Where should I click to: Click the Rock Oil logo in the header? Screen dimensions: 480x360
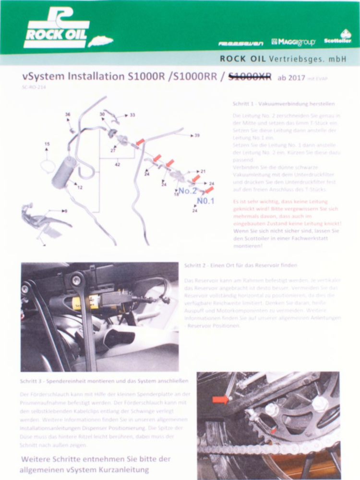click(x=57, y=30)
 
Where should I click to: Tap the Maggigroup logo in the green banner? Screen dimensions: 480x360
click(x=293, y=42)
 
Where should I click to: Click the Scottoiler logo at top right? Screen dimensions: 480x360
click(x=338, y=38)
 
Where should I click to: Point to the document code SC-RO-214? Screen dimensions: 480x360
click(x=33, y=88)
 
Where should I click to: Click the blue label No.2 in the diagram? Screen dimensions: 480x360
click(x=188, y=190)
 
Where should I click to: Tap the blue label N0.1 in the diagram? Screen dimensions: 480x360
click(x=205, y=201)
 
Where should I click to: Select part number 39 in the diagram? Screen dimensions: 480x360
click(x=197, y=135)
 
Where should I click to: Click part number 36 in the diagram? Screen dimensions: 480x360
click(x=68, y=114)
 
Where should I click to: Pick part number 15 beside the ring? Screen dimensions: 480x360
click(x=47, y=144)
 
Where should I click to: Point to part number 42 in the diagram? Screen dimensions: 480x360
click(x=118, y=164)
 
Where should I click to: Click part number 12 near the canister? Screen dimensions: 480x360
click(x=80, y=187)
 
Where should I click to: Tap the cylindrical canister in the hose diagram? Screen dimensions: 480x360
click(x=64, y=171)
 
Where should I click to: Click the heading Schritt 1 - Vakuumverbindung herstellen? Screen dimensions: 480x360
click(x=283, y=104)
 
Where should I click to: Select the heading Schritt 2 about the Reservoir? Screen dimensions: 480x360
click(x=240, y=265)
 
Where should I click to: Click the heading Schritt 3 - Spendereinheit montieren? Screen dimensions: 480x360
click(x=104, y=381)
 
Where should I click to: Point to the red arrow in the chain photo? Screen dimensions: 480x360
click(x=220, y=399)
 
